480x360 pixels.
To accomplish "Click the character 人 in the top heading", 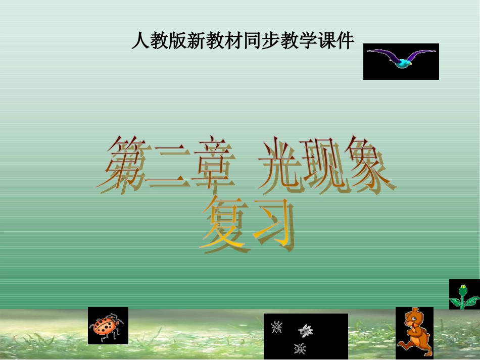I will coord(139,41).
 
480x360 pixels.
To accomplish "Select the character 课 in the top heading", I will coord(327,41).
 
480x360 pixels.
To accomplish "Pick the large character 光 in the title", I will coord(279,164).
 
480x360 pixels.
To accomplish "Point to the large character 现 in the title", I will coord(322,164).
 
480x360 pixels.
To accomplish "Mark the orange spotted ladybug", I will coord(107,326).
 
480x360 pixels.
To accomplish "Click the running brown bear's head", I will coord(415,318).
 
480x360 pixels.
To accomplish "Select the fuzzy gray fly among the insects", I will coord(305,331).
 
